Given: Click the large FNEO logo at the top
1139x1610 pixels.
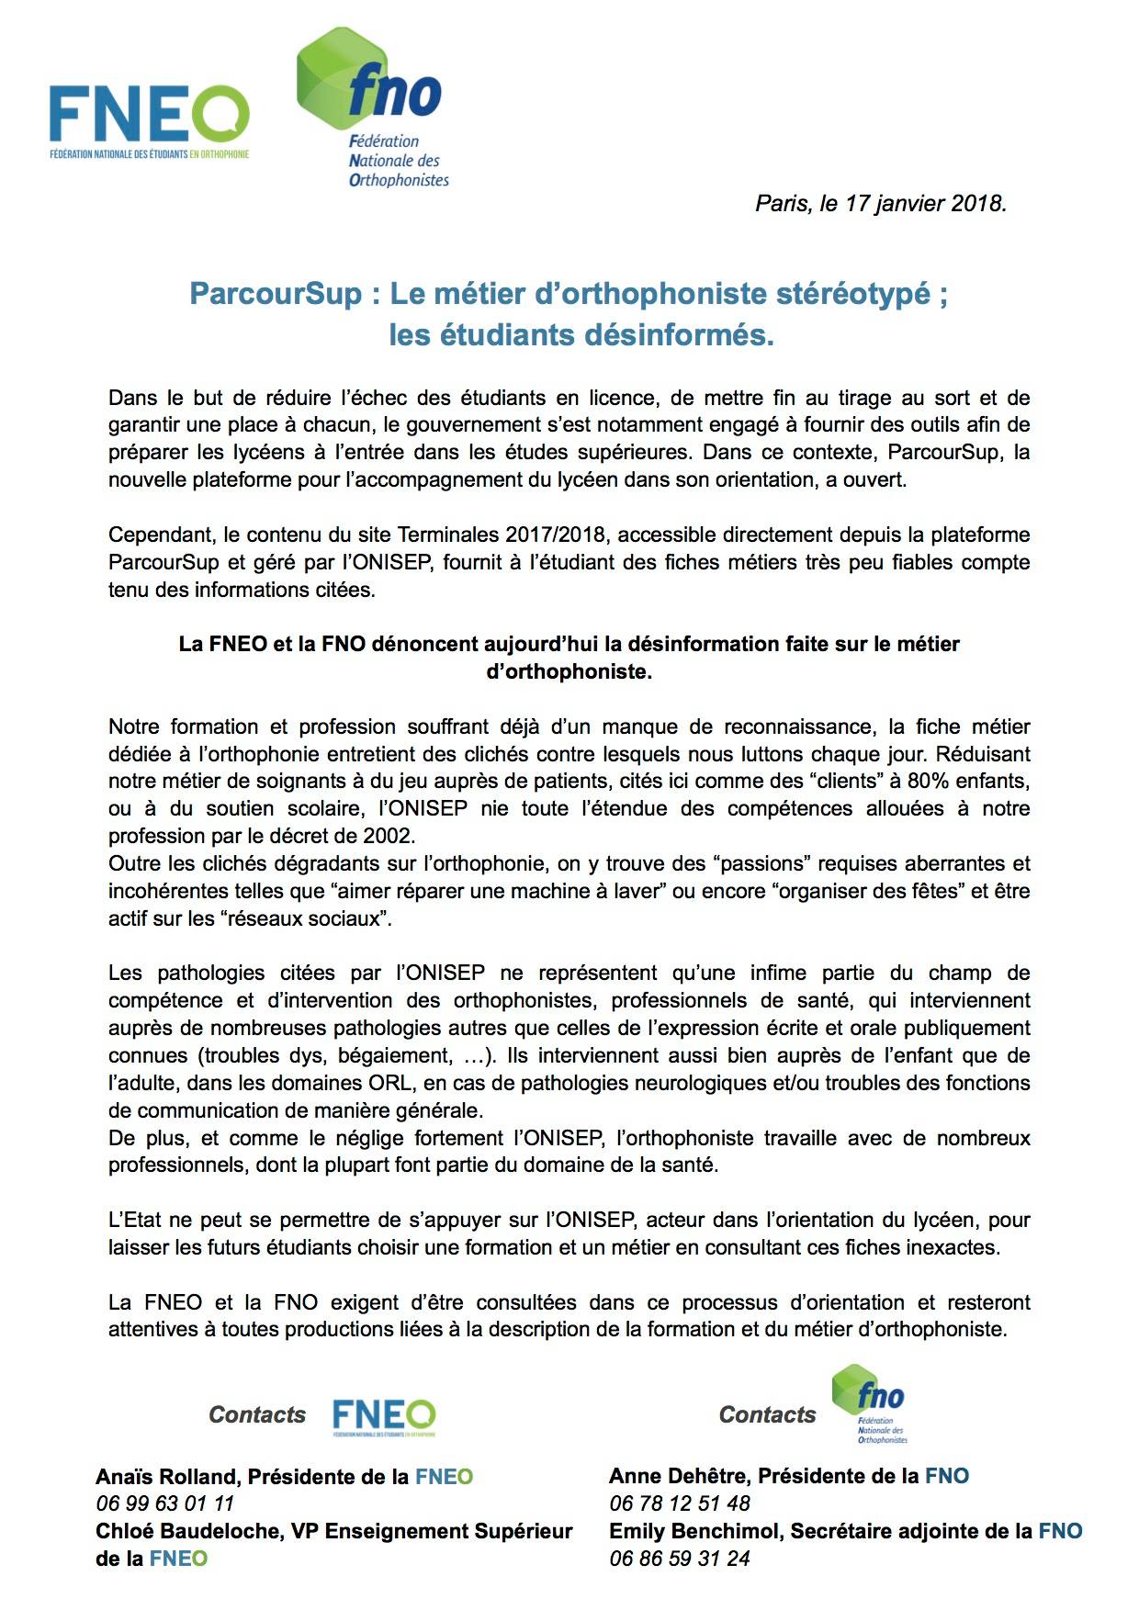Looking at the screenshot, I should tap(149, 122).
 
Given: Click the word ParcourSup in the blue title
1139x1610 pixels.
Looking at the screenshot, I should tap(276, 294).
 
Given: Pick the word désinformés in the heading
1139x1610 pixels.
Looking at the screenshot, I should tap(678, 335).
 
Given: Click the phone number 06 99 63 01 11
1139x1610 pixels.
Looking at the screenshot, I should tap(164, 1503).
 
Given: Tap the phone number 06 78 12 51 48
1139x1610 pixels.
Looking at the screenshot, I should tap(679, 1503).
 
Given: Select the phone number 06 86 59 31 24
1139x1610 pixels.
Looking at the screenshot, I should tap(679, 1559).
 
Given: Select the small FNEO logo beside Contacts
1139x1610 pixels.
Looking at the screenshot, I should tap(384, 1417).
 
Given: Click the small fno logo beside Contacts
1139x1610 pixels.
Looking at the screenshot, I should tap(869, 1402).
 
